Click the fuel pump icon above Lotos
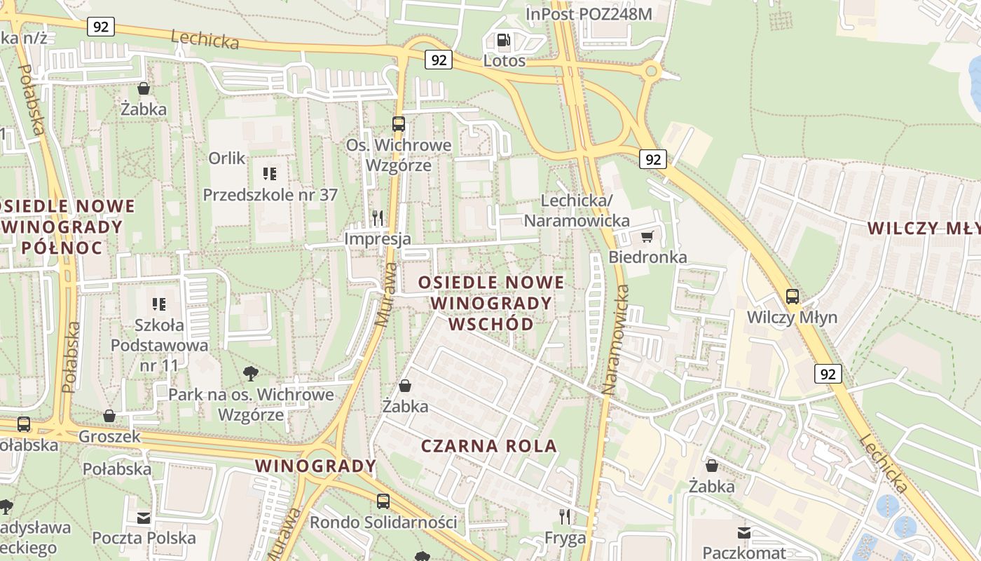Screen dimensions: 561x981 pyautogui.click(x=502, y=41)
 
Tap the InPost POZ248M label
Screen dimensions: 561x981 pyautogui.click(x=589, y=14)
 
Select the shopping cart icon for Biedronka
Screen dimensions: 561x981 pyautogui.click(x=647, y=236)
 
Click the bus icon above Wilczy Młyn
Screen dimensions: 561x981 pyautogui.click(x=792, y=297)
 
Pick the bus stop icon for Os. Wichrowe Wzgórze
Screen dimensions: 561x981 pyautogui.click(x=398, y=124)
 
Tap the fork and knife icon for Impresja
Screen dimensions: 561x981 pyautogui.click(x=378, y=218)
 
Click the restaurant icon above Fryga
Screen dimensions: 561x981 pyautogui.click(x=565, y=518)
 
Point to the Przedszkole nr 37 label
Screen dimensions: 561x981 pyautogui.click(x=270, y=195)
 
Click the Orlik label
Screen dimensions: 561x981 pyautogui.click(x=227, y=158)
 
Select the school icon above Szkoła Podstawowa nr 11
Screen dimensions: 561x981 pyautogui.click(x=159, y=304)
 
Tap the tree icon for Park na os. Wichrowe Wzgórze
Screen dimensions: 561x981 pyautogui.click(x=250, y=373)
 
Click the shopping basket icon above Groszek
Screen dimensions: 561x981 pyautogui.click(x=109, y=416)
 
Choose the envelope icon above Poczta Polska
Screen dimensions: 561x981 pyautogui.click(x=144, y=518)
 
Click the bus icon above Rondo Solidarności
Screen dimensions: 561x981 pyautogui.click(x=383, y=501)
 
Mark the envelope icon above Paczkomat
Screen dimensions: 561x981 pyautogui.click(x=744, y=533)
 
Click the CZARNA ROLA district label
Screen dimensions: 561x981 pyautogui.click(x=489, y=446)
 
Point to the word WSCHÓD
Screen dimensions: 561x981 pyautogui.click(x=490, y=324)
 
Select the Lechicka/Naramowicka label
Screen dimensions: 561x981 pyautogui.click(x=577, y=210)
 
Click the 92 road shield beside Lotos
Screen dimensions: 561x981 pyautogui.click(x=439, y=60)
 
